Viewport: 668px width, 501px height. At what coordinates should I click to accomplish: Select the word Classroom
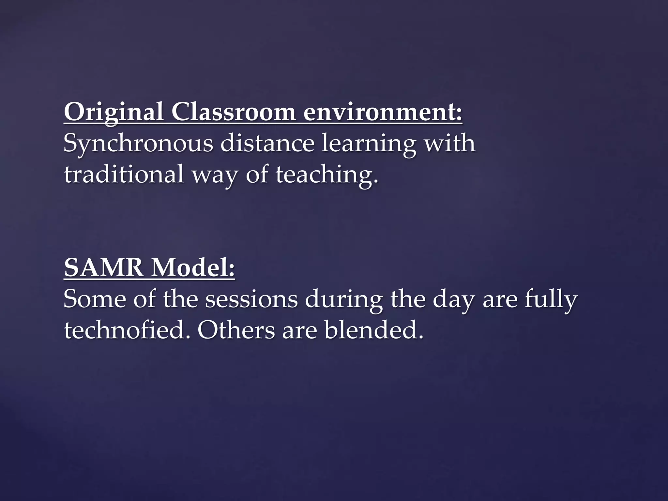tap(234, 112)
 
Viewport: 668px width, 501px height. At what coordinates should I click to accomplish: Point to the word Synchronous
tap(138, 144)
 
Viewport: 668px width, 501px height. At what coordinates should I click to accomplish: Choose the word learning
tap(369, 144)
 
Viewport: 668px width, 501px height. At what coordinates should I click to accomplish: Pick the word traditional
tap(124, 175)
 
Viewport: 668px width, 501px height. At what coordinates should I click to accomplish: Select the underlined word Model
tap(193, 268)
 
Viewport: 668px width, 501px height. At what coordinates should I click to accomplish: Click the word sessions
tap(251, 300)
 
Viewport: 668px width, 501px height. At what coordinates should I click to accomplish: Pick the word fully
tap(551, 300)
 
